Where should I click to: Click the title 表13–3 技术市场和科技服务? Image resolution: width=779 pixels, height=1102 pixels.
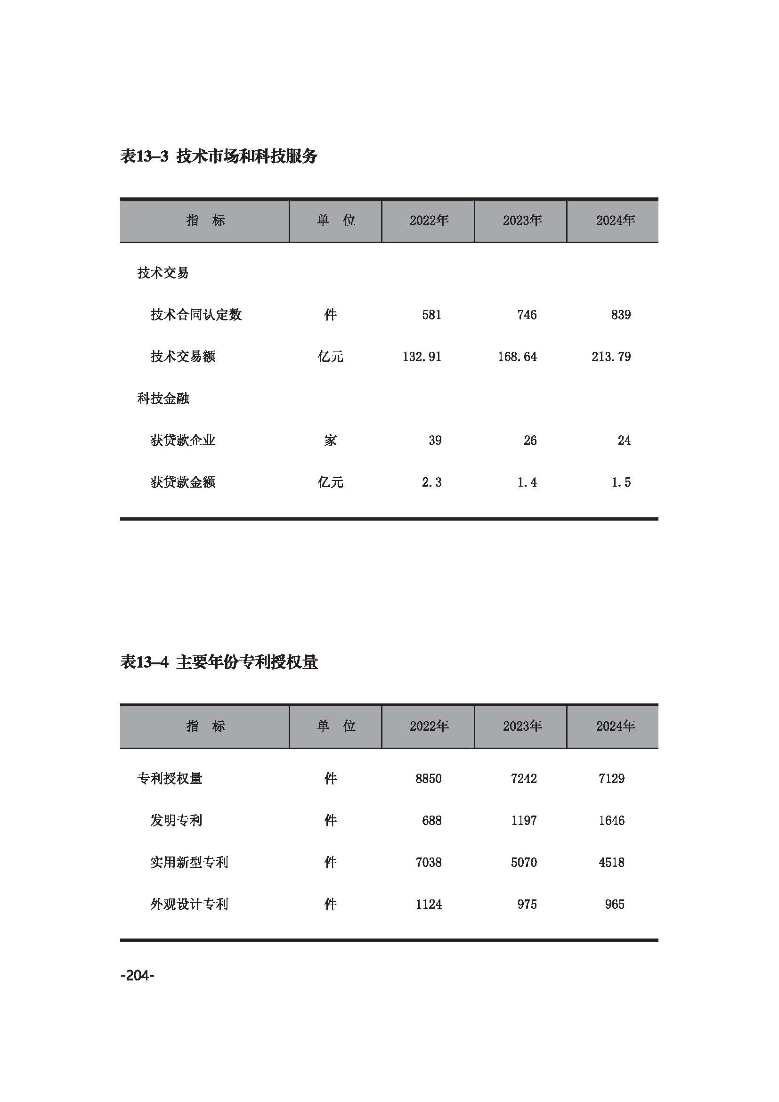pyautogui.click(x=218, y=156)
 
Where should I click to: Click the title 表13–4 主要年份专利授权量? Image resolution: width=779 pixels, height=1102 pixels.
pyautogui.click(x=219, y=662)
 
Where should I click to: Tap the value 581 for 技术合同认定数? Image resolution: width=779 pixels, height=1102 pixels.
pyautogui.click(x=432, y=315)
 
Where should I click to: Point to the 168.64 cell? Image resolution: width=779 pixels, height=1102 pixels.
pyautogui.click(x=517, y=357)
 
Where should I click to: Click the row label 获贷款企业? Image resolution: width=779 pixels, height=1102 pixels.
pyautogui.click(x=183, y=440)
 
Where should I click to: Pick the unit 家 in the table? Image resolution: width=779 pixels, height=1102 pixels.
pyautogui.click(x=331, y=440)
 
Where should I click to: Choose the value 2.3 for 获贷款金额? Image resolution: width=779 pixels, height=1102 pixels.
pyautogui.click(x=432, y=482)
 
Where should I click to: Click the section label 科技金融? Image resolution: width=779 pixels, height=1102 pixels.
pyautogui.click(x=163, y=399)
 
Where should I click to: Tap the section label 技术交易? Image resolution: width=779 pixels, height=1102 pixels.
pyautogui.click(x=163, y=273)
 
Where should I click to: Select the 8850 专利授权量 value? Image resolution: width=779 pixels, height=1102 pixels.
pyautogui.click(x=428, y=778)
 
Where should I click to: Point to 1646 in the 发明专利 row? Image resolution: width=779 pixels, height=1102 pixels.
pyautogui.click(x=611, y=820)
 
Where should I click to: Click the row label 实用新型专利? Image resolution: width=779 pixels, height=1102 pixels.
pyautogui.click(x=189, y=862)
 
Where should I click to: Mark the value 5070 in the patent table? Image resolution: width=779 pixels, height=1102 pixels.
pyautogui.click(x=523, y=862)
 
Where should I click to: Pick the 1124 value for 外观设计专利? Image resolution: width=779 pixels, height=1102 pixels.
pyautogui.click(x=428, y=904)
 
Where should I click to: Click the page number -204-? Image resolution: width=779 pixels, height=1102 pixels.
pyautogui.click(x=137, y=976)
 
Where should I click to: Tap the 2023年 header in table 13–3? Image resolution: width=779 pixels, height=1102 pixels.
pyautogui.click(x=522, y=220)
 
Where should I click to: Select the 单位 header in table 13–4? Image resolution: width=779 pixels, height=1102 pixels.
pyautogui.click(x=336, y=726)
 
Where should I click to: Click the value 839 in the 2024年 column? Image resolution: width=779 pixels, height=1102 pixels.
pyautogui.click(x=621, y=315)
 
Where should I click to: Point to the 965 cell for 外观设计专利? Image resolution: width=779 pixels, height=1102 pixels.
pyautogui.click(x=615, y=904)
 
